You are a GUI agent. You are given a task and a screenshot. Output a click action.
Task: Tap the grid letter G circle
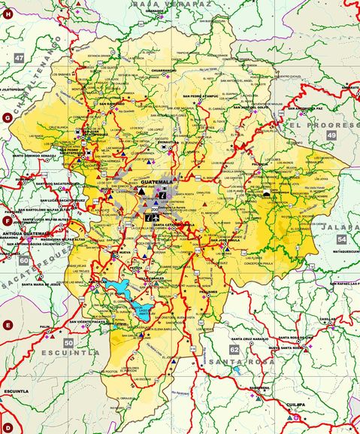(x=8, y=118)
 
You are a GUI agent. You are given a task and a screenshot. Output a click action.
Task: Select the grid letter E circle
(x=8, y=325)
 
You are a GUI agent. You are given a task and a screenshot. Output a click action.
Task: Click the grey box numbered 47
(x=19, y=58)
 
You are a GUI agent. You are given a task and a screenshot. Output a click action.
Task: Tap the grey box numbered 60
(x=25, y=260)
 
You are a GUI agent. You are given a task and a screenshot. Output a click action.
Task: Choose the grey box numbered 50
(x=68, y=342)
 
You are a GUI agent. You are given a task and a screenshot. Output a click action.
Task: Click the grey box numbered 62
(x=234, y=350)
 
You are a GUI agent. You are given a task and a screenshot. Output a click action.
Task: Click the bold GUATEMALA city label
(x=157, y=182)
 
